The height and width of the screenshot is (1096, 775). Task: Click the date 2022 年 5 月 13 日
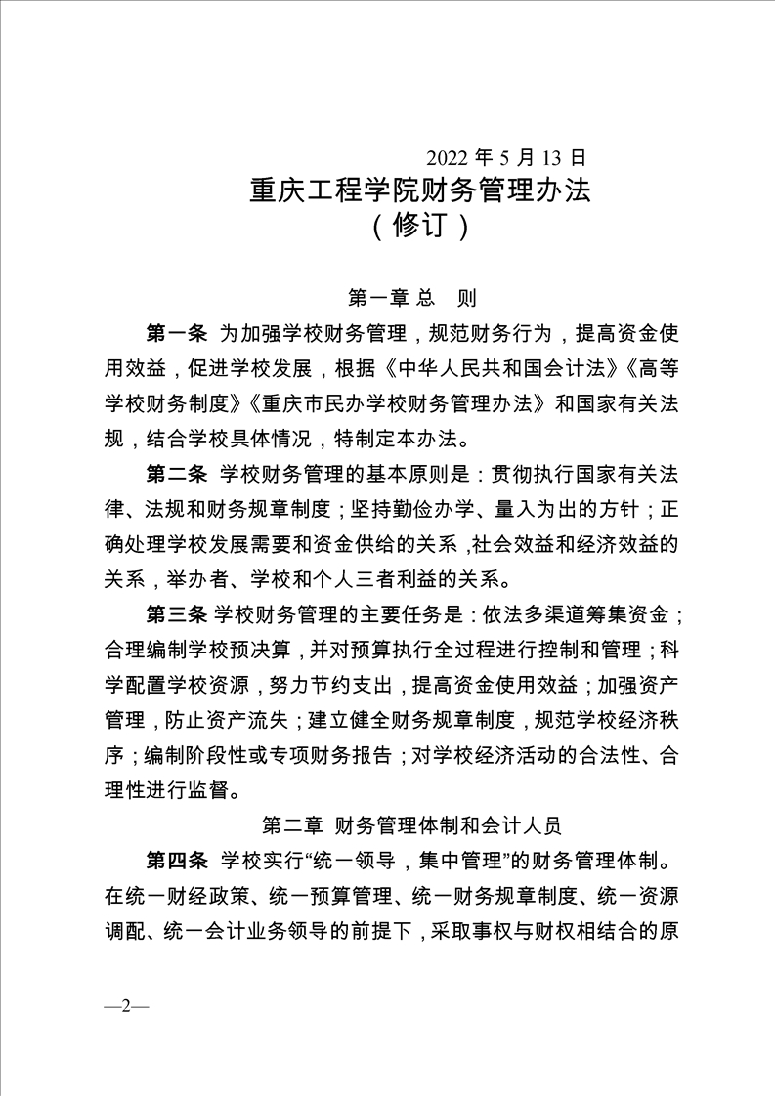pos(505,156)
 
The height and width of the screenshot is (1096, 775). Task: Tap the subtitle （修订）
pos(421,227)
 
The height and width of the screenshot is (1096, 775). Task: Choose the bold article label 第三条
pos(176,614)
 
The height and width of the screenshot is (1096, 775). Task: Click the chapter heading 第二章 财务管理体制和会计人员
pos(411,825)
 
